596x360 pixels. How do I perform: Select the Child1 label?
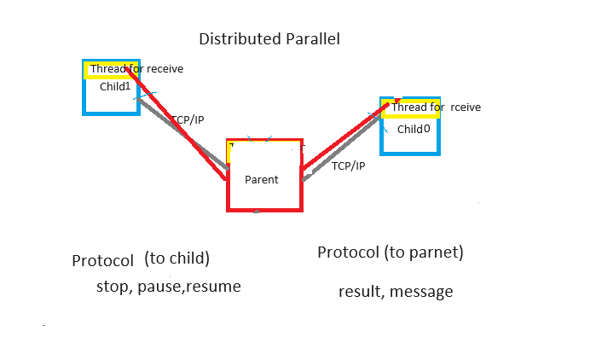click(x=115, y=86)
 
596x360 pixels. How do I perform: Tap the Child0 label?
click(x=414, y=130)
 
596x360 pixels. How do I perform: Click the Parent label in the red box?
click(x=262, y=179)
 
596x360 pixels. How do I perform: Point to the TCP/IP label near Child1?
click(x=188, y=120)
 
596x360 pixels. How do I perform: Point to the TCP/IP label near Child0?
click(x=348, y=165)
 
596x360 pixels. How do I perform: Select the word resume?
click(x=216, y=287)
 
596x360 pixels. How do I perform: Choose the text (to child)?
click(x=177, y=258)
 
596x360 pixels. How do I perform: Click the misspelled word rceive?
click(x=466, y=107)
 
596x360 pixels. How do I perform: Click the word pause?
click(x=167, y=287)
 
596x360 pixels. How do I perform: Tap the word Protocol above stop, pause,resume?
click(x=103, y=261)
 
